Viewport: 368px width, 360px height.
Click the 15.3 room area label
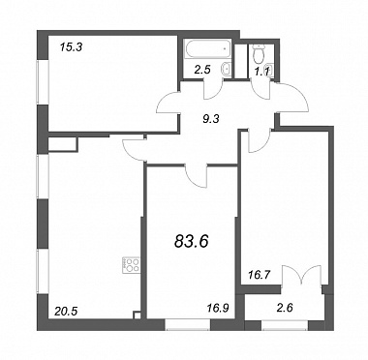(x=72, y=47)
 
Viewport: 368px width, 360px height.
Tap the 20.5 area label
(x=65, y=312)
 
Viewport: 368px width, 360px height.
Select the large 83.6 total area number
(x=192, y=241)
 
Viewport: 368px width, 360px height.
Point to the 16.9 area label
(x=217, y=308)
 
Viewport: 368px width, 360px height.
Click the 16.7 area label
(x=260, y=275)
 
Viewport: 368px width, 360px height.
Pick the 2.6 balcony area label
(x=285, y=308)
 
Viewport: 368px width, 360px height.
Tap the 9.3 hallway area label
(x=211, y=119)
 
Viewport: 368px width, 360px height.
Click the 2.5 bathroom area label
(x=202, y=70)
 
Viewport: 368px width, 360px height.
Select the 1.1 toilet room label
(x=261, y=72)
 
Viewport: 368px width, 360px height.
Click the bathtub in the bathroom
(x=208, y=49)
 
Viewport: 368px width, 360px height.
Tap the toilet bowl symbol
(x=259, y=54)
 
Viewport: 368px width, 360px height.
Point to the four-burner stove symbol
(x=131, y=265)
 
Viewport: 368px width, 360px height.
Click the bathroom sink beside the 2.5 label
(x=226, y=69)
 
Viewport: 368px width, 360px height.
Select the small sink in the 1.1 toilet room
(x=271, y=69)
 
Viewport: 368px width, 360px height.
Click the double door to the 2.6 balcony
(x=301, y=274)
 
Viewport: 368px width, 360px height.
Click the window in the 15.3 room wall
(x=43, y=82)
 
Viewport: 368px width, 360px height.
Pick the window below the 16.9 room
(x=188, y=324)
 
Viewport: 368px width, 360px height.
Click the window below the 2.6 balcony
(x=285, y=325)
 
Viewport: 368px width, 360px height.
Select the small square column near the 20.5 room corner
(x=138, y=315)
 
